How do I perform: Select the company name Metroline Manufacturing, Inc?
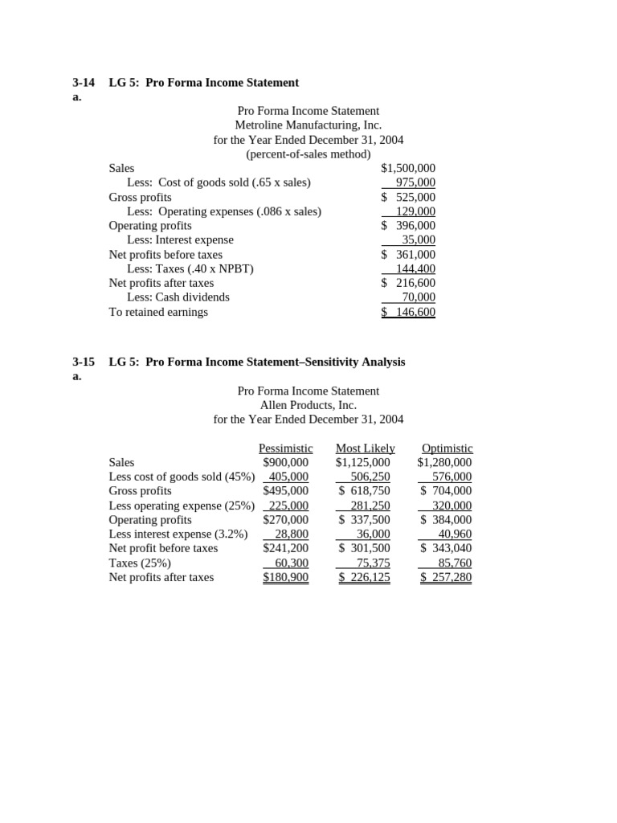308,125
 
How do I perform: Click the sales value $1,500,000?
408,168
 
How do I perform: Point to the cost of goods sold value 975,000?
415,182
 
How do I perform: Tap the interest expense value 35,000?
419,240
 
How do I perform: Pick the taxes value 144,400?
415,268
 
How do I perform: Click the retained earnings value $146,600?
408,312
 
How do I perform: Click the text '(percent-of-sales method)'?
308,154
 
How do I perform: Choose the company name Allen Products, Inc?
308,404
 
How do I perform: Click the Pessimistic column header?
285,448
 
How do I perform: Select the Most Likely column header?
365,448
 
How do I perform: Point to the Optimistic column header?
447,448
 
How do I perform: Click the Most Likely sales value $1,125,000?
363,462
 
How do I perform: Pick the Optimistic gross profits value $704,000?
446,490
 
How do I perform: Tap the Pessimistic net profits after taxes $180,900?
285,577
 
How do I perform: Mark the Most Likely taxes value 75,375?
373,563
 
